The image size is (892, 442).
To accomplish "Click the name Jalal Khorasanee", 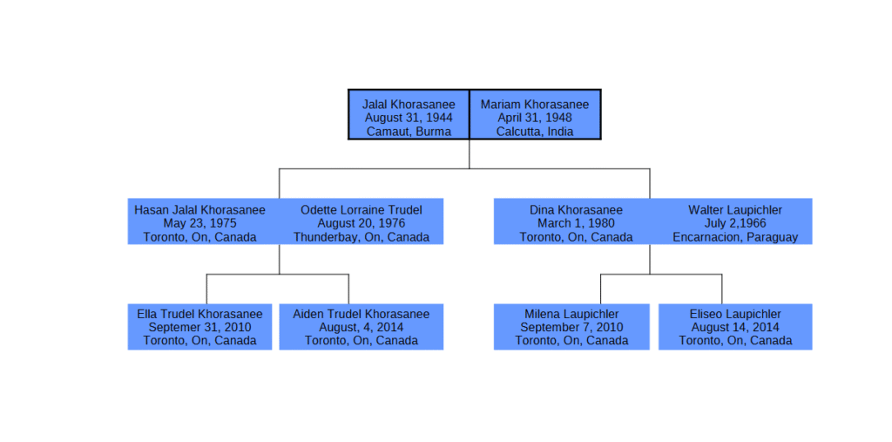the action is pyautogui.click(x=409, y=105).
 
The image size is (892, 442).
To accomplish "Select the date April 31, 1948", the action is pyautogui.click(x=535, y=118).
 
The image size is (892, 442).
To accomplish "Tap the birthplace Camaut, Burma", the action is pyautogui.click(x=409, y=132).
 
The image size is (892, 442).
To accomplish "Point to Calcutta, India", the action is pyautogui.click(x=535, y=132).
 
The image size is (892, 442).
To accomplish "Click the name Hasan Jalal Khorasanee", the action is pyautogui.click(x=199, y=210).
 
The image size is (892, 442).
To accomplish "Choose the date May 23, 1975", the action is pyautogui.click(x=199, y=223).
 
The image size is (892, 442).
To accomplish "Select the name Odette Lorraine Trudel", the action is pyautogui.click(x=362, y=210).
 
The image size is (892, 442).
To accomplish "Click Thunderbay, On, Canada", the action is pyautogui.click(x=362, y=237).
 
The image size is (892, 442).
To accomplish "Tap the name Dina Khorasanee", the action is pyautogui.click(x=577, y=210).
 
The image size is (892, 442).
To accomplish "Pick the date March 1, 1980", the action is pyautogui.click(x=577, y=223).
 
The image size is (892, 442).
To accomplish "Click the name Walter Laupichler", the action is pyautogui.click(x=735, y=210).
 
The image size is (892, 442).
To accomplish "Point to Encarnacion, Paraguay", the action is pyautogui.click(x=735, y=237).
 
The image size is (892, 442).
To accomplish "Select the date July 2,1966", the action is pyautogui.click(x=735, y=223).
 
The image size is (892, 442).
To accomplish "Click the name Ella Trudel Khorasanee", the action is pyautogui.click(x=199, y=315).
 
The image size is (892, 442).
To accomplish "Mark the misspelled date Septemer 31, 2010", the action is pyautogui.click(x=199, y=328).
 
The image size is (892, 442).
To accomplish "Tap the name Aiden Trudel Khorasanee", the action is pyautogui.click(x=362, y=315).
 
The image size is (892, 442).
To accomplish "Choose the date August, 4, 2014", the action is pyautogui.click(x=362, y=328).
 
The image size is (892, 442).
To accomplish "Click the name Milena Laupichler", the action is pyautogui.click(x=571, y=315).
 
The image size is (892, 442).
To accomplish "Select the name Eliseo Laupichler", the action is pyautogui.click(x=735, y=315).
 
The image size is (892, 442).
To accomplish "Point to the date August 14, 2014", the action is pyautogui.click(x=735, y=328).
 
